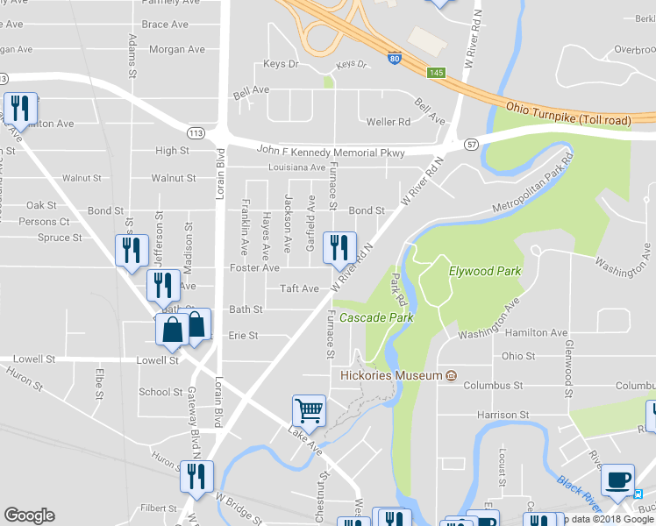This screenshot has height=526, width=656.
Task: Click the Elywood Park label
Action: [x=485, y=271]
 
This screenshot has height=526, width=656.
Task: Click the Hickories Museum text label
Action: [x=391, y=375]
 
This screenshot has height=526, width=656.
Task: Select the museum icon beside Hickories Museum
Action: [x=451, y=375]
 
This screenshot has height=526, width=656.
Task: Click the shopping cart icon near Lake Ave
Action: [x=308, y=410]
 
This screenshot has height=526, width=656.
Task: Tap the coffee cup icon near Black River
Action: [x=617, y=479]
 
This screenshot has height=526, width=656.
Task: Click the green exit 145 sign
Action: [x=435, y=71]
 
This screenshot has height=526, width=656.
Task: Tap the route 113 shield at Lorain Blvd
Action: [x=196, y=131]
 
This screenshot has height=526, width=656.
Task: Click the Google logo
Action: [x=29, y=515]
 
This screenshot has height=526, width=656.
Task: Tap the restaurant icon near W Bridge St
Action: [x=196, y=475]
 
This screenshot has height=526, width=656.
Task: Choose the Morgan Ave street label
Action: [x=176, y=49]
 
